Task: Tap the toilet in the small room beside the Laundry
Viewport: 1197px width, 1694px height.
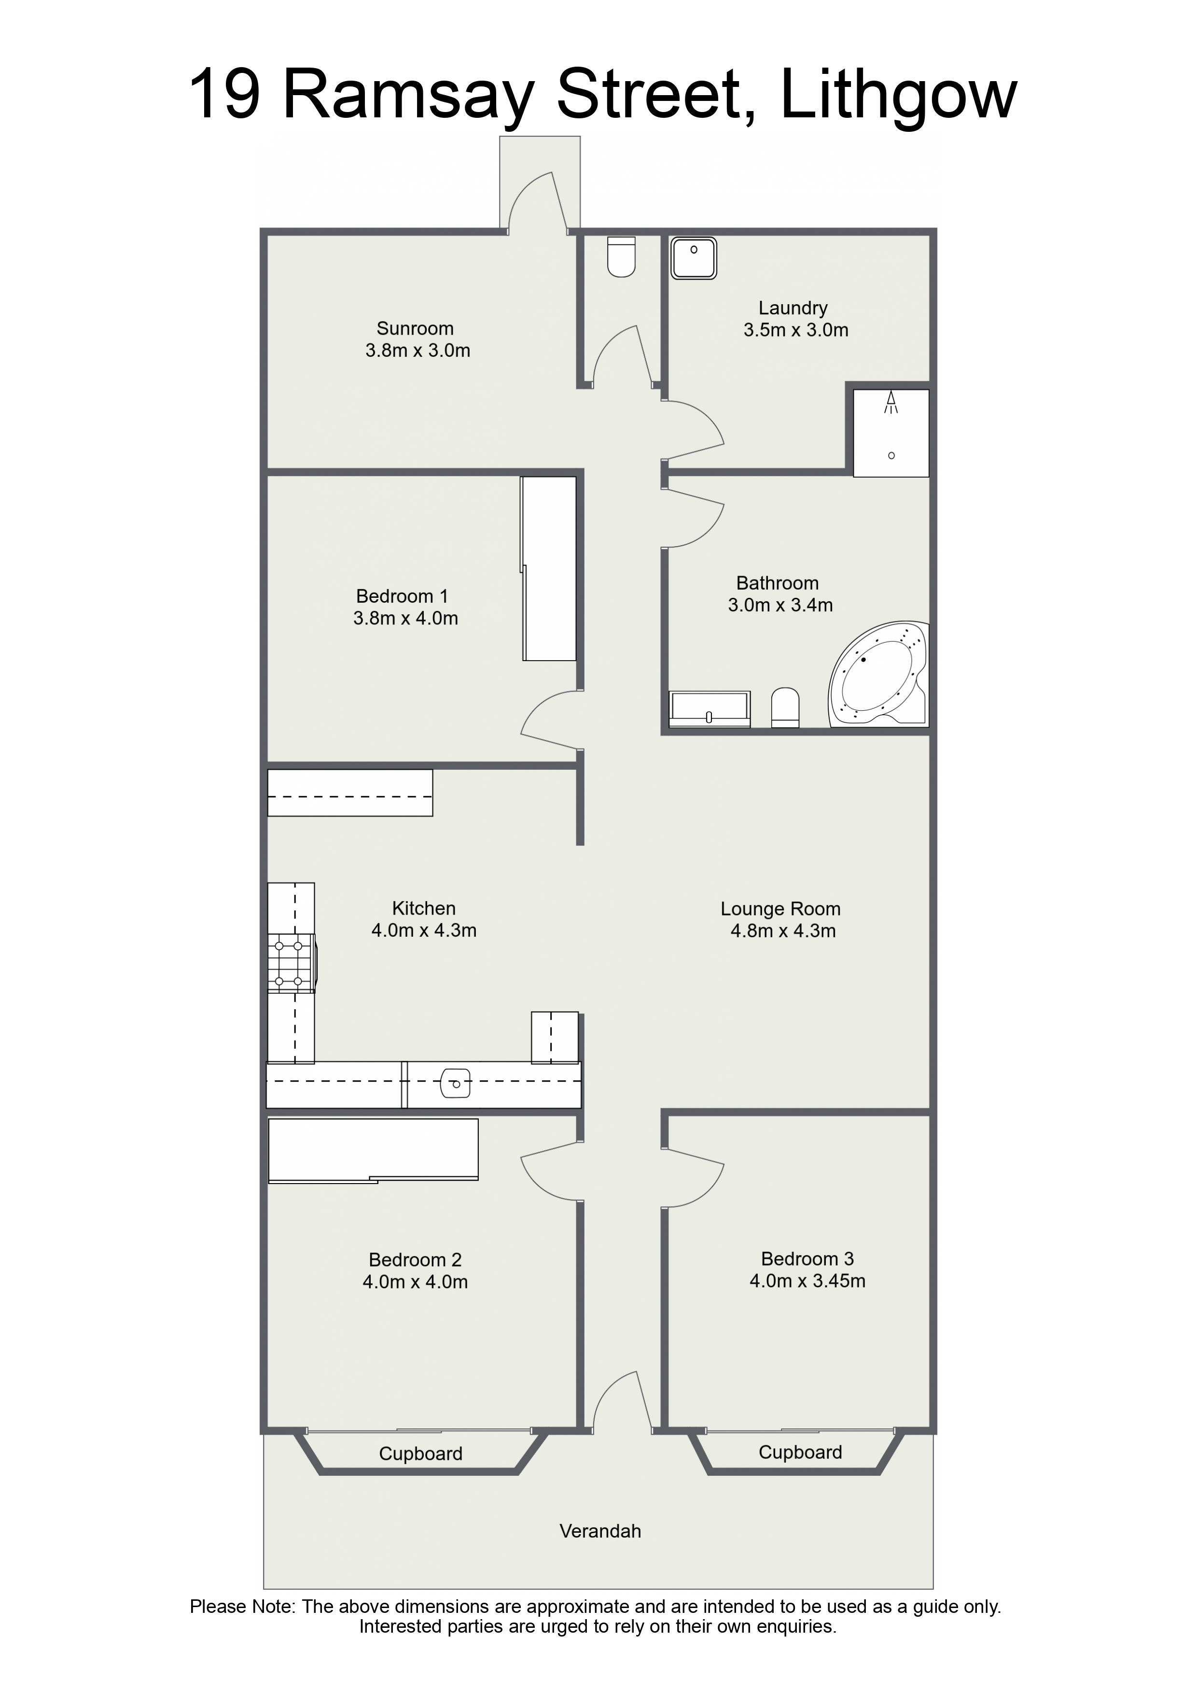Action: pyautogui.click(x=621, y=256)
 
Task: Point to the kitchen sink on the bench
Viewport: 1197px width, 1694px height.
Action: pyautogui.click(x=455, y=1084)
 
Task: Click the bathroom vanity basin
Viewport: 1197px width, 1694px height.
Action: pyautogui.click(x=710, y=709)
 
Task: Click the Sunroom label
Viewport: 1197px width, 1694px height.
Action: pyautogui.click(x=415, y=328)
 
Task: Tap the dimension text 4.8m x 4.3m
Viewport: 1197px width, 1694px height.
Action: pyautogui.click(x=783, y=931)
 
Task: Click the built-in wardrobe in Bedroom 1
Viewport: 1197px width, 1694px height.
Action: pyautogui.click(x=549, y=568)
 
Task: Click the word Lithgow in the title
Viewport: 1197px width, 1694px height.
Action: pyautogui.click(x=898, y=96)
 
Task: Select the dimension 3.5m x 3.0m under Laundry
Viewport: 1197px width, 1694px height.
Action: pyautogui.click(x=796, y=330)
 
